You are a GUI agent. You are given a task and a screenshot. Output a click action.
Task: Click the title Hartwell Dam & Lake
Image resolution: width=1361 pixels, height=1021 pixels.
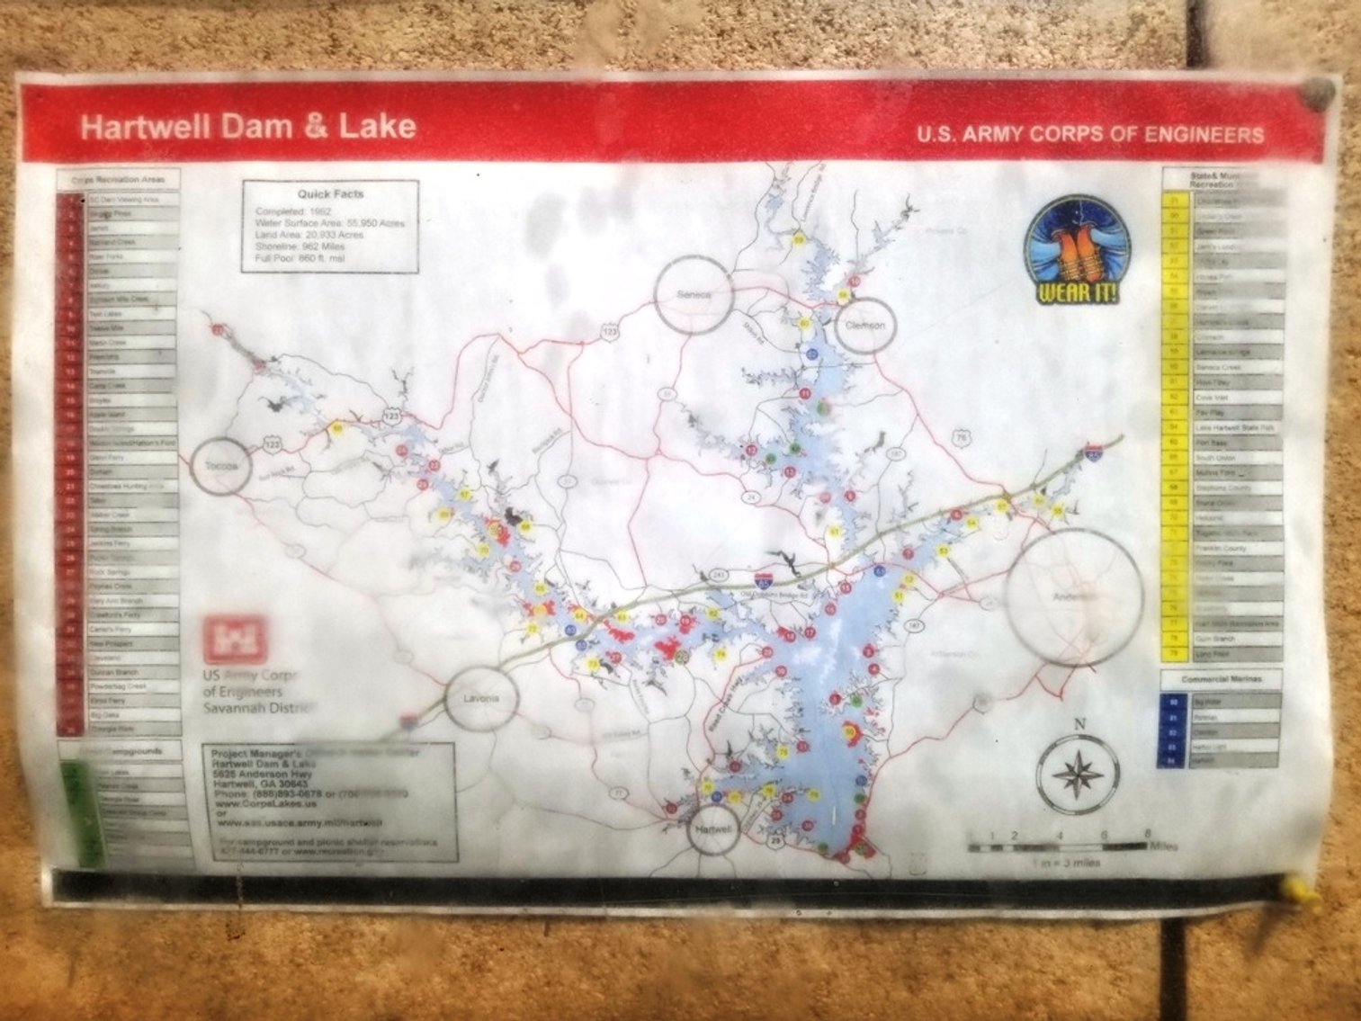[x=247, y=126]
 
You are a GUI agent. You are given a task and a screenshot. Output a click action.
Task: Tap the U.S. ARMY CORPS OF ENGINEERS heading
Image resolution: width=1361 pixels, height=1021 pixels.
[x=1089, y=135]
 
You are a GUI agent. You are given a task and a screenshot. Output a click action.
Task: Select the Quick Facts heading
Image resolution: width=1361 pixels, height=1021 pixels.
[x=330, y=193]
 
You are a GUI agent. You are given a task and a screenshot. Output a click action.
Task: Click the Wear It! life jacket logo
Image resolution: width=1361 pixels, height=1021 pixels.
[x=1078, y=250]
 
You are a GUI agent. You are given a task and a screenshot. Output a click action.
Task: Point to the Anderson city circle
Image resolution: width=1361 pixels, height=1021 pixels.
[x=1075, y=597]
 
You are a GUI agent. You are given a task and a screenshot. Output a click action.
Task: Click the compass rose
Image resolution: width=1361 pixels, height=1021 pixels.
[x=1078, y=774]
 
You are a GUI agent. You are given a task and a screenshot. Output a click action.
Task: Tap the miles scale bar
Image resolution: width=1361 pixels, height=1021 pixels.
[x=1056, y=846]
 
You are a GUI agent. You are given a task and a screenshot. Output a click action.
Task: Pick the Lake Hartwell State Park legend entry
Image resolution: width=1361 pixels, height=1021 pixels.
[x=1236, y=428]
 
